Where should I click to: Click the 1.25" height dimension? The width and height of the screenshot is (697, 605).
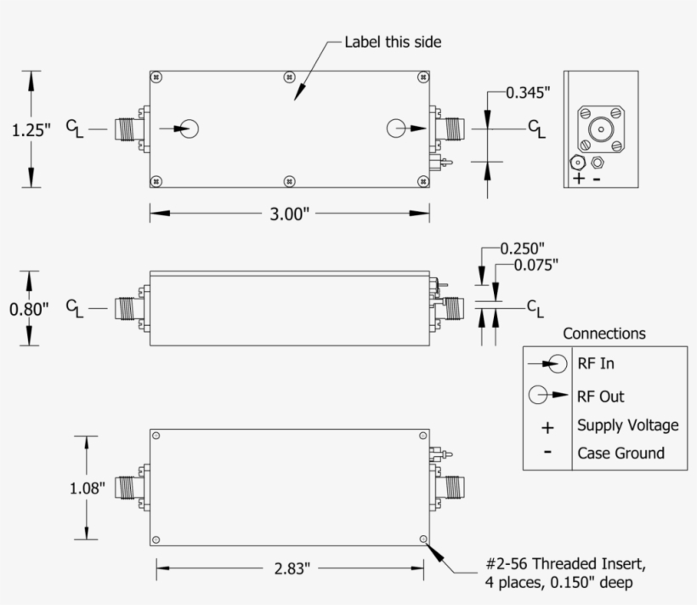pos(31,129)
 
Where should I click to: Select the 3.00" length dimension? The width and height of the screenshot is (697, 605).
pos(289,214)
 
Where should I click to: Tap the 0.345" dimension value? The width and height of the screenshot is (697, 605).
pos(529,93)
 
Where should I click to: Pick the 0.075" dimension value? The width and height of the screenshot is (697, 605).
pos(536,265)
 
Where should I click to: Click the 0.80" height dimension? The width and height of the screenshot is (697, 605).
pos(30,308)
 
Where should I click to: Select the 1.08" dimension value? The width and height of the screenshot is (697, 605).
pos(87,488)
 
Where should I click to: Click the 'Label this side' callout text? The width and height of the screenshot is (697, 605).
pos(393,42)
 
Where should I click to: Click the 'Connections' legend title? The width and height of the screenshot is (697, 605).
pos(603,334)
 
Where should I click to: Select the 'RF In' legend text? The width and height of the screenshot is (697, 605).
pos(596,363)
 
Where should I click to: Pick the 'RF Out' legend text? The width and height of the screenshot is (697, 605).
pos(600,396)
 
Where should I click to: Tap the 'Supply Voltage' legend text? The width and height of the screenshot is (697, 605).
pos(627,425)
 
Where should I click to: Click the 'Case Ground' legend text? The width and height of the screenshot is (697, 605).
pos(620,453)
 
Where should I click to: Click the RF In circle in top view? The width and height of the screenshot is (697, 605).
pos(190,129)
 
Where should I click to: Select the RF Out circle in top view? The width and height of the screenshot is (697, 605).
pos(396,128)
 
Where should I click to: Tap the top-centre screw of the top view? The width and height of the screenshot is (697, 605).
pos(290,77)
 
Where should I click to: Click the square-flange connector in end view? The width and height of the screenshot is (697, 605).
pos(601,130)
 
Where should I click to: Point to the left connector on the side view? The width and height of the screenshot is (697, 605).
pos(130,308)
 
